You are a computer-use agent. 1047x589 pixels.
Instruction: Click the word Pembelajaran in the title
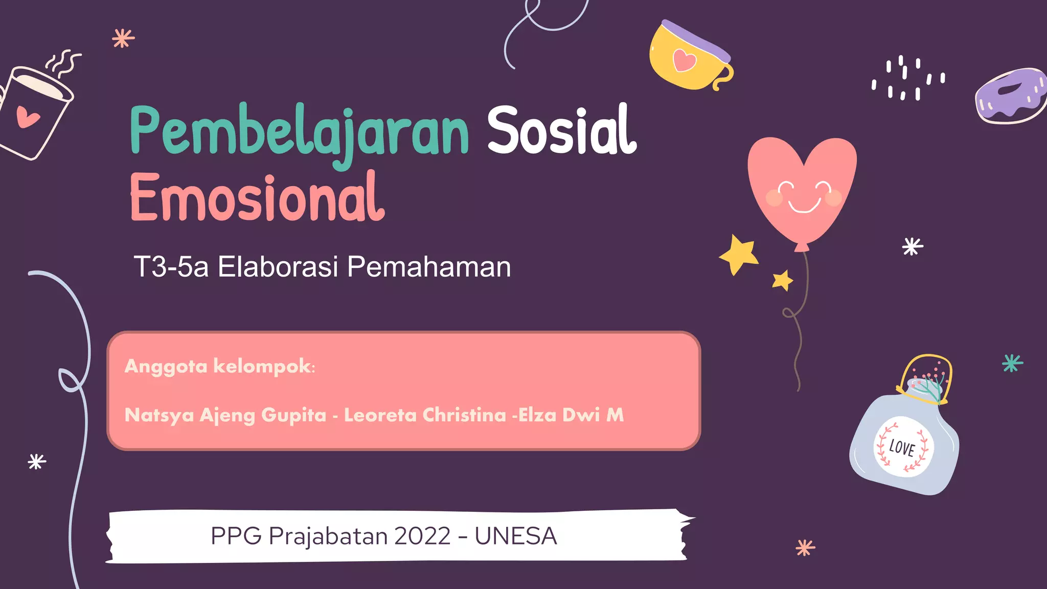pyautogui.click(x=299, y=132)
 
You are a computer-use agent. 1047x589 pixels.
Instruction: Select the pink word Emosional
pyautogui.click(x=257, y=198)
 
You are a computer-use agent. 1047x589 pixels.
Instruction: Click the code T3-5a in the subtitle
pyautogui.click(x=171, y=267)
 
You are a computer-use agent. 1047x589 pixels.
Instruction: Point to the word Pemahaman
pyautogui.click(x=428, y=267)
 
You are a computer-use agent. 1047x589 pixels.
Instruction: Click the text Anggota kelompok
pyautogui.click(x=219, y=366)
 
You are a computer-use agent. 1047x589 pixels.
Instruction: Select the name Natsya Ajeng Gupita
pyautogui.click(x=225, y=415)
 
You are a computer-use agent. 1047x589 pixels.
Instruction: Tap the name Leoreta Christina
pyautogui.click(x=425, y=415)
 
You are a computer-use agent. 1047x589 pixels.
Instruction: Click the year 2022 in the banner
pyautogui.click(x=422, y=536)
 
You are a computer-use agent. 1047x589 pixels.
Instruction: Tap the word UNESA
pyautogui.click(x=515, y=536)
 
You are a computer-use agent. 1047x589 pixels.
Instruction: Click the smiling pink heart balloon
pyautogui.click(x=802, y=189)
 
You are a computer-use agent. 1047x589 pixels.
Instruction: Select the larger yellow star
pyautogui.click(x=739, y=254)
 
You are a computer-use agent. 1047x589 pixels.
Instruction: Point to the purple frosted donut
pyautogui.click(x=1010, y=96)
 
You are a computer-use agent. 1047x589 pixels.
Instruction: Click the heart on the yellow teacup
pyautogui.click(x=684, y=60)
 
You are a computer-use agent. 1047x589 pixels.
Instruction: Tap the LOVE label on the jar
pyautogui.click(x=902, y=448)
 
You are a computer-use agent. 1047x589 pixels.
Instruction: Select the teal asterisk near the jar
pyautogui.click(x=1012, y=363)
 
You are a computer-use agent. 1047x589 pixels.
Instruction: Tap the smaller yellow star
pyautogui.click(x=782, y=280)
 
